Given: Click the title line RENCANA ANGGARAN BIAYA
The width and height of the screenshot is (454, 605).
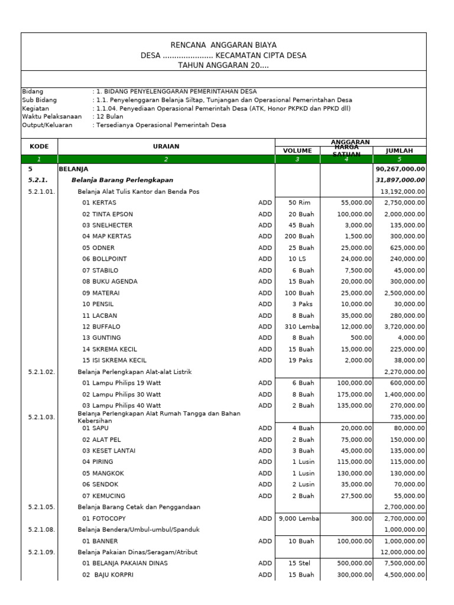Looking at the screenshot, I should point(223,45).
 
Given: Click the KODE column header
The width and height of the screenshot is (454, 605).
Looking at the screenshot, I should point(39,146).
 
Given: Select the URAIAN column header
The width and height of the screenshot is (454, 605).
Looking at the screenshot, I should point(166,146).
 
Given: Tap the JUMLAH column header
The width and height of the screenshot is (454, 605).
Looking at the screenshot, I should point(400,151).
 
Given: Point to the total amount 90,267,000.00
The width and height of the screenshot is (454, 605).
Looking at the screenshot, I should point(400,168).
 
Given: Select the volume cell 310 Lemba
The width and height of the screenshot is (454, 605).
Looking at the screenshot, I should point(298,326).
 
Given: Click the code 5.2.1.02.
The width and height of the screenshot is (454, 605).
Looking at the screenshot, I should point(41,372).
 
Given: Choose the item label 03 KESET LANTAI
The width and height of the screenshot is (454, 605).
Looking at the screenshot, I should point(109,450).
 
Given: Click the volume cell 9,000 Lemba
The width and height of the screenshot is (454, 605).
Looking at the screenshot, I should point(298,518).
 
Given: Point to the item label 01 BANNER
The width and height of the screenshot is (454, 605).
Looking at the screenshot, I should point(100,541).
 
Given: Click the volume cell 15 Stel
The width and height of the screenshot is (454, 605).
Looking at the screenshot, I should point(298,563).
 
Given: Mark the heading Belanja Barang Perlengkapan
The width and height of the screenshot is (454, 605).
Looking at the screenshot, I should point(122,180).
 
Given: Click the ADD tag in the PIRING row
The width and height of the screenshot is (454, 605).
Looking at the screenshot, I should point(265,461).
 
